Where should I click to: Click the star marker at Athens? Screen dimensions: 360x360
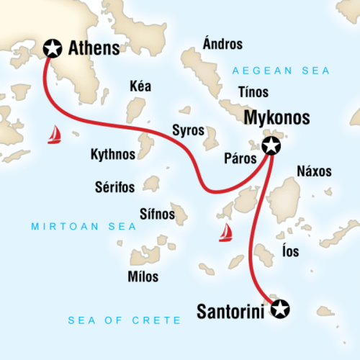pos(52,48)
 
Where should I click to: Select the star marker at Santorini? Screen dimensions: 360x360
pos(279,309)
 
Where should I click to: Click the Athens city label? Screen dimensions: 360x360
pos(94,49)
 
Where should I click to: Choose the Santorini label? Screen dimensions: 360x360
pos(230,311)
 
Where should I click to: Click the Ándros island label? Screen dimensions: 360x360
pos(223,45)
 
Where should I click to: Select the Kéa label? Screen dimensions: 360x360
pos(140,86)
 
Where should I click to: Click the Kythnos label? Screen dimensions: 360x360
pos(112,153)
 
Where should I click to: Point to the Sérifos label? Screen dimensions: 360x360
pos(114,186)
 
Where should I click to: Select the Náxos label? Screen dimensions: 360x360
pos(314,171)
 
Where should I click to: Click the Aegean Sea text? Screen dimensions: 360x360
pos(281,71)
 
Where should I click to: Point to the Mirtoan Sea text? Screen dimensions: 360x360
pos(68,228)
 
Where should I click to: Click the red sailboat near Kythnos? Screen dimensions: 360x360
pos(54,135)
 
